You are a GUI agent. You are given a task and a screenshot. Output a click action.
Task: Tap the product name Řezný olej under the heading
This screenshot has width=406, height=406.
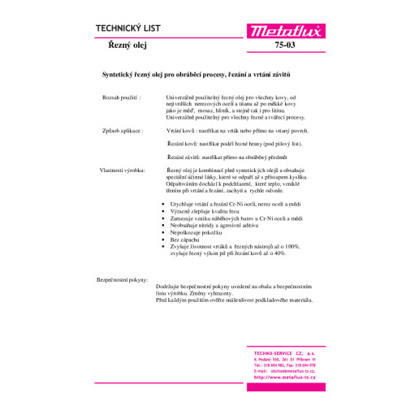[x=127, y=48]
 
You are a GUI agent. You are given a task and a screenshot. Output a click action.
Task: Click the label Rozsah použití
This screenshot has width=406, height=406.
[x=119, y=97]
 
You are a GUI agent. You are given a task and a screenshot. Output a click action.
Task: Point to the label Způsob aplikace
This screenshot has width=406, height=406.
[x=121, y=129]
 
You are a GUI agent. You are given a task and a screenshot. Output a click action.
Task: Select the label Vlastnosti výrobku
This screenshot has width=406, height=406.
[x=122, y=171]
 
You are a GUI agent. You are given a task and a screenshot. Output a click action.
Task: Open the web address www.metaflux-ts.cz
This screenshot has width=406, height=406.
[x=284, y=377]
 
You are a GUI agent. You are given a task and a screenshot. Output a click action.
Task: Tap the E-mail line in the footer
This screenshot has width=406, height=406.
[x=284, y=370]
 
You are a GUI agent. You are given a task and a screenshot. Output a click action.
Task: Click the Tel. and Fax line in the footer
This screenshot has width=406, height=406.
[x=284, y=365]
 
